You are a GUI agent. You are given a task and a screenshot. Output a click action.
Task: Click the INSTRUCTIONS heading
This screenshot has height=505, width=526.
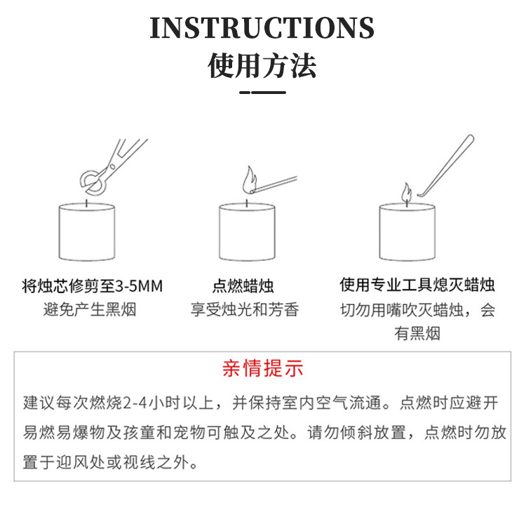click(262, 28)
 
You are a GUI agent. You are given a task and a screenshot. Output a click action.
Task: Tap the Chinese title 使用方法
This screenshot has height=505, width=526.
click(262, 65)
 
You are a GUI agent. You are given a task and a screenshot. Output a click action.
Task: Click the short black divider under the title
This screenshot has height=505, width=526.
click(263, 93)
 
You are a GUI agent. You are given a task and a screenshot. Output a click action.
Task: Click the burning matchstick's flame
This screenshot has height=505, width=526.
click(249, 180)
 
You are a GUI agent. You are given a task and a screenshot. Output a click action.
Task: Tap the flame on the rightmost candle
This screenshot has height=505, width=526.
click(407, 192)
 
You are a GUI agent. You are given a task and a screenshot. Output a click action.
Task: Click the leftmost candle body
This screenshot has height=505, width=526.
click(87, 232)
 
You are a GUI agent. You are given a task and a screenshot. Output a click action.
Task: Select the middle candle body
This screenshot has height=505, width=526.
click(248, 232)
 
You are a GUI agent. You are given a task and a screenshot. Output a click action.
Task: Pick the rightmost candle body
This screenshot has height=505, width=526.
click(407, 232)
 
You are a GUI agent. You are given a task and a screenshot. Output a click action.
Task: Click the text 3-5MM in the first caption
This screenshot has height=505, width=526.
click(139, 286)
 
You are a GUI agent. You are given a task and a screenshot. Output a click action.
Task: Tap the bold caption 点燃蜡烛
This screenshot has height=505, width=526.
click(243, 286)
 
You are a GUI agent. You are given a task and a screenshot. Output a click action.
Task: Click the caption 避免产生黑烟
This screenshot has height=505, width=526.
click(90, 309)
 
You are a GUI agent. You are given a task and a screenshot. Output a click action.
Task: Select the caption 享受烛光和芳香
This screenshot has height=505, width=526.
click(245, 309)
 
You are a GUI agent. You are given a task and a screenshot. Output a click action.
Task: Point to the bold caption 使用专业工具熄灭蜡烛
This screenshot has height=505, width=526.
click(417, 285)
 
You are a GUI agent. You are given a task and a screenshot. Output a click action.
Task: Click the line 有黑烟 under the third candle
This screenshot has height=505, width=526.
click(417, 334)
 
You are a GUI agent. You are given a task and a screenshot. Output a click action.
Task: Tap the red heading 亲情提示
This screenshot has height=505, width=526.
click(263, 368)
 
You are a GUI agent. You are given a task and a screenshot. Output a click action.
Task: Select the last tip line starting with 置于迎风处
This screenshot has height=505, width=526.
click(110, 462)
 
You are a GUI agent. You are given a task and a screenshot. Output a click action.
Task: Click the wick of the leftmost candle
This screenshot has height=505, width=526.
click(87, 203)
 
